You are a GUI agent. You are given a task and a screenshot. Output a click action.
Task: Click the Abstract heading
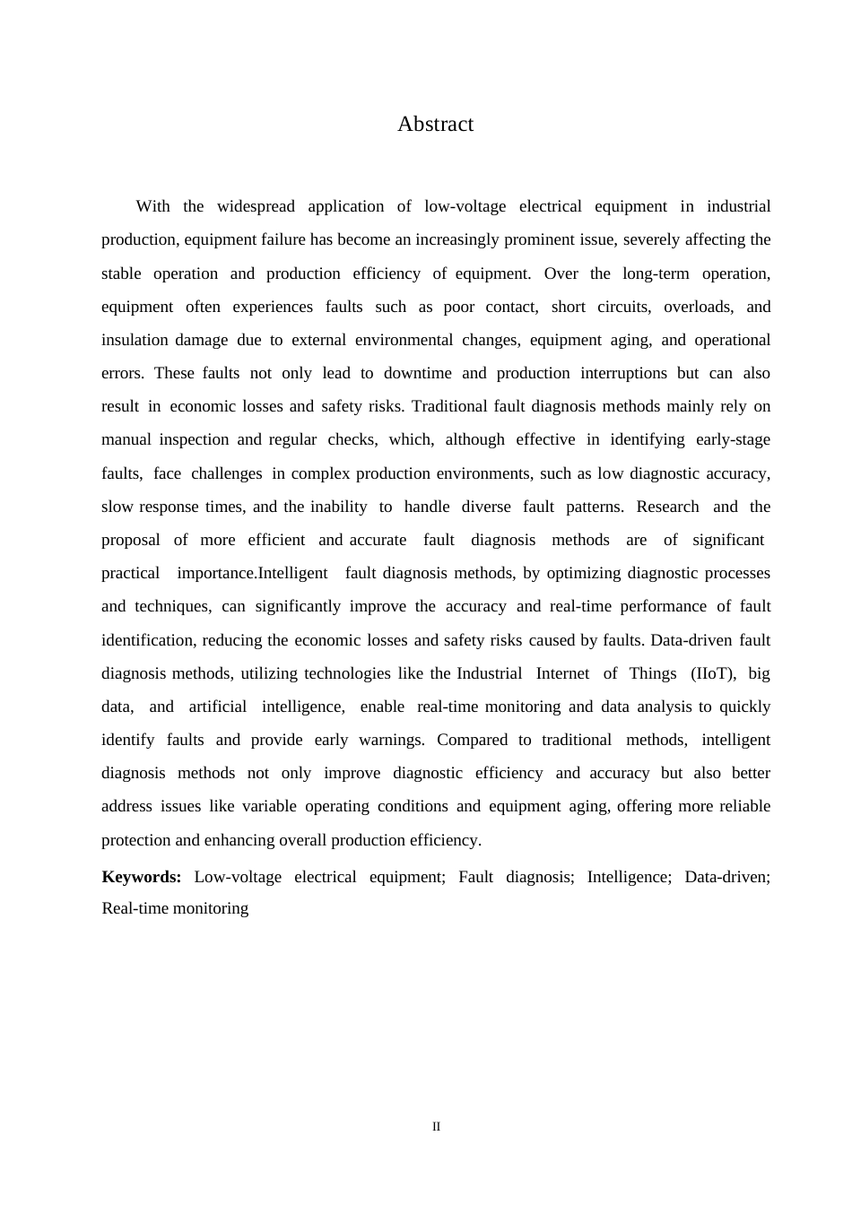435,125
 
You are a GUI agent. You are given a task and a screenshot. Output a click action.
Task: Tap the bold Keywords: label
142,877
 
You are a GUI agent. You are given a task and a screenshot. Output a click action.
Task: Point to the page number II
437,1127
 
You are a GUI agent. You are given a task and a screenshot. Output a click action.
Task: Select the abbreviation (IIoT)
713,673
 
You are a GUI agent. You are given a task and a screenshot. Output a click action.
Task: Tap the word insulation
135,340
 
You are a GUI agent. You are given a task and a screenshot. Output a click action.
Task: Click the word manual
126,439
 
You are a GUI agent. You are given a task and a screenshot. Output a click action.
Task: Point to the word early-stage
728,439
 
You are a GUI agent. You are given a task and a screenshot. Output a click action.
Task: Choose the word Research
667,507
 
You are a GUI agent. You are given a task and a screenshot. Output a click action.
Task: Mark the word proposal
131,540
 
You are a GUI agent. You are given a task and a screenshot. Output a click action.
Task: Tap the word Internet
562,673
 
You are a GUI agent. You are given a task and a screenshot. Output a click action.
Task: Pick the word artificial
217,707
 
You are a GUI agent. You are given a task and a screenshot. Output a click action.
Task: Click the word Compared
472,740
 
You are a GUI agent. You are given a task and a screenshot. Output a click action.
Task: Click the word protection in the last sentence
136,840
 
